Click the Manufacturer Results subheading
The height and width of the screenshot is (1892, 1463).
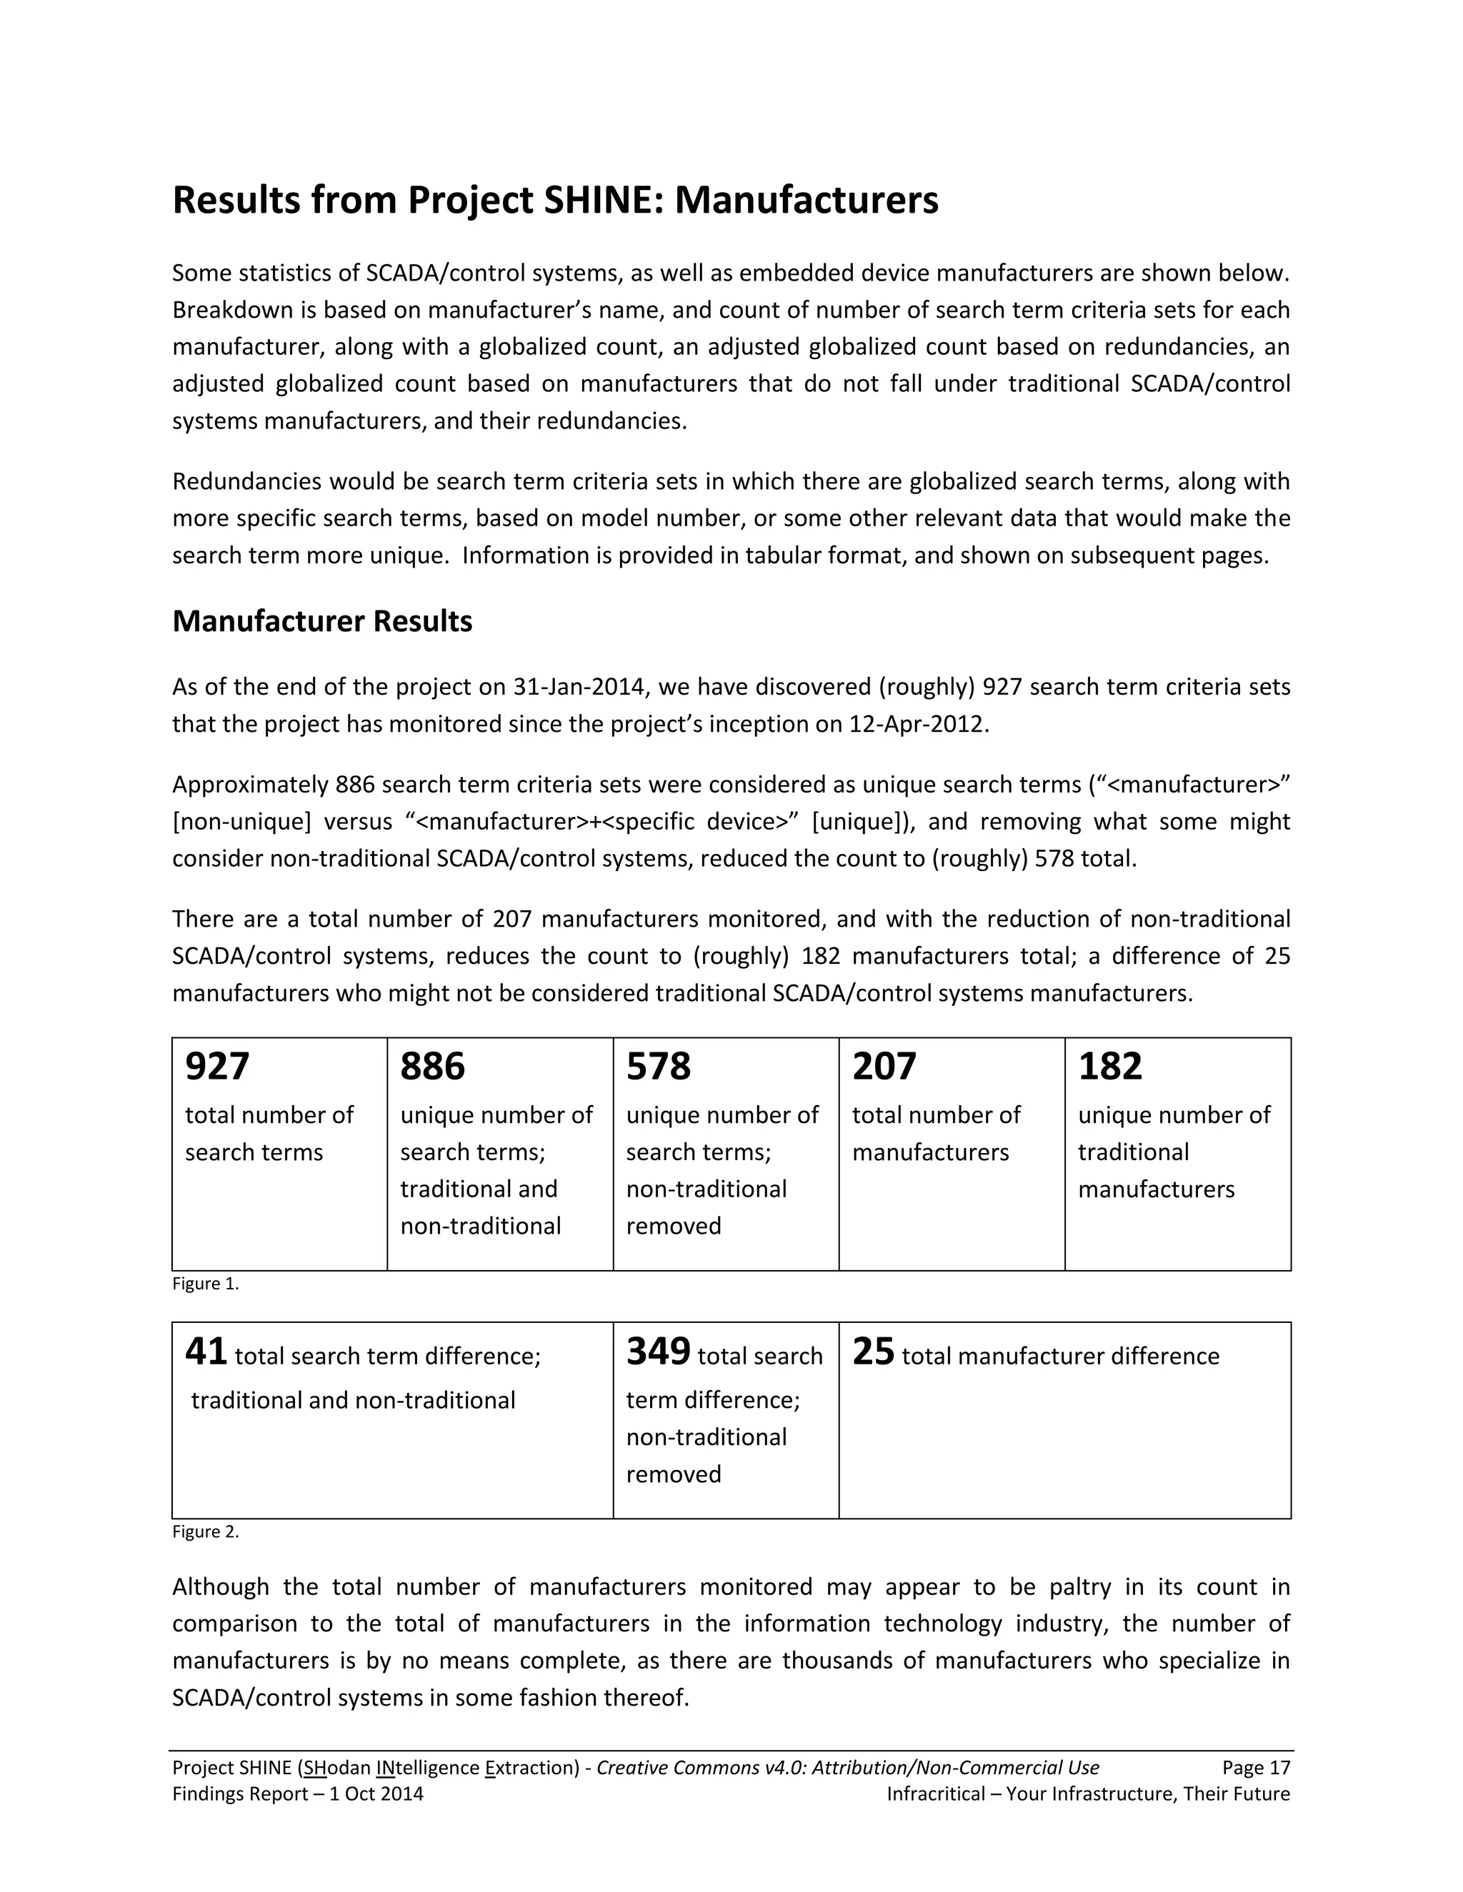pyautogui.click(x=322, y=621)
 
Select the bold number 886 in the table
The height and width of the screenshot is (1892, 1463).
pyautogui.click(x=432, y=1067)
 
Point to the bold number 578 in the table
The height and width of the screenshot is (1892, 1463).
pyautogui.click(x=659, y=1067)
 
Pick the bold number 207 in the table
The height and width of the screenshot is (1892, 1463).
pyautogui.click(x=884, y=1067)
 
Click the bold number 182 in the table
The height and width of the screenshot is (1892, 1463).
pyautogui.click(x=1110, y=1067)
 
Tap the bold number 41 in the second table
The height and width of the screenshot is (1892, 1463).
pyautogui.click(x=206, y=1352)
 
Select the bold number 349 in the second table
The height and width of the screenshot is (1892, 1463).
pyautogui.click(x=659, y=1352)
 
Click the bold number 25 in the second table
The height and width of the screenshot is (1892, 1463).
pyautogui.click(x=873, y=1352)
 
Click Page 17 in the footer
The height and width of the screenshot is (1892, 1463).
pyautogui.click(x=1256, y=1768)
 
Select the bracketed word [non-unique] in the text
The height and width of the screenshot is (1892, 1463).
pyautogui.click(x=242, y=821)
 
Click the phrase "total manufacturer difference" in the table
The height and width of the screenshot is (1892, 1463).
pyautogui.click(x=1060, y=1357)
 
